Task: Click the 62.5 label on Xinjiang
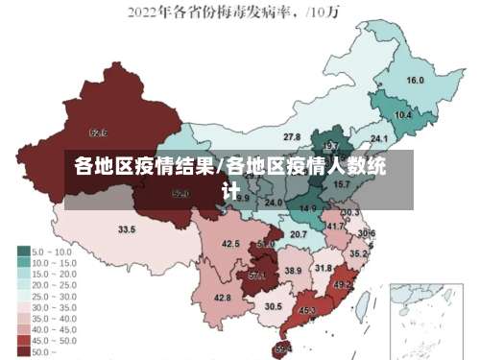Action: pyautogui.click(x=98, y=132)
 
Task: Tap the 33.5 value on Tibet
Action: pyautogui.click(x=127, y=230)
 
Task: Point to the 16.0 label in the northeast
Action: pyautogui.click(x=416, y=81)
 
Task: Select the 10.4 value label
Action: pyautogui.click(x=403, y=115)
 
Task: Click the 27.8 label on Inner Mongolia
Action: pyautogui.click(x=292, y=137)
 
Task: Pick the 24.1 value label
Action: pyautogui.click(x=378, y=140)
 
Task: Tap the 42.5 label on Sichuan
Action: pyautogui.click(x=230, y=244)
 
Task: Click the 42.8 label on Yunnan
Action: pyautogui.click(x=223, y=299)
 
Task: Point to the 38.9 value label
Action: pyautogui.click(x=294, y=272)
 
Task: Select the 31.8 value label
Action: pyautogui.click(x=324, y=268)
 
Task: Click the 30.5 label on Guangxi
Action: pyautogui.click(x=274, y=306)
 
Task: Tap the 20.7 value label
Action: pyautogui.click(x=299, y=234)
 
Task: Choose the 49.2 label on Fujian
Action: pyautogui.click(x=343, y=285)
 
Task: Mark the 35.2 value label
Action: pyautogui.click(x=358, y=253)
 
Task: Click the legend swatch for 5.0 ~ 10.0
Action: pyautogui.click(x=24, y=252)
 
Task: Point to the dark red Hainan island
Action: pyautogui.click(x=281, y=348)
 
